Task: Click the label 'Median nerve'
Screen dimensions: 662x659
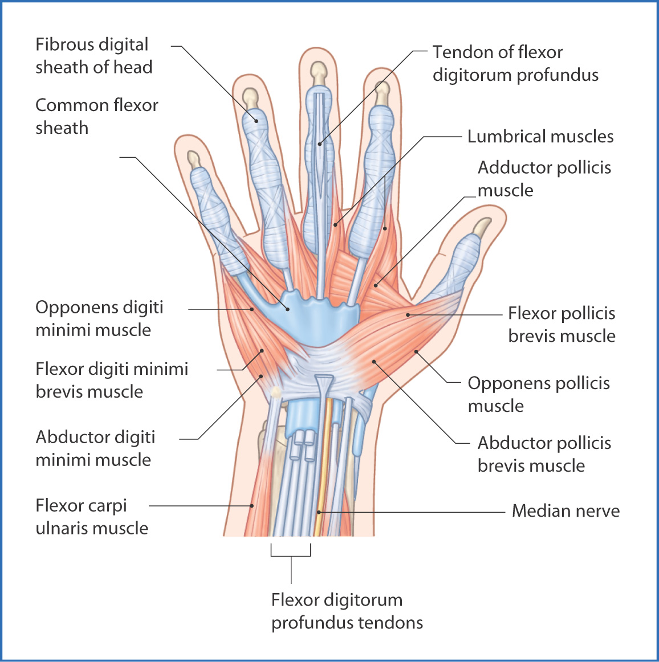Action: pyautogui.click(x=566, y=510)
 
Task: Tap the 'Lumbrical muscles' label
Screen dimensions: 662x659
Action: pyautogui.click(x=540, y=137)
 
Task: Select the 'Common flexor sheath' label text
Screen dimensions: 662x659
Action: pyautogui.click(x=96, y=116)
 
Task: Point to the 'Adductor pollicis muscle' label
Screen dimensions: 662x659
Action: pyautogui.click(x=544, y=178)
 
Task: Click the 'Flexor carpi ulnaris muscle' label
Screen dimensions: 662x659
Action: pyautogui.click(x=91, y=516)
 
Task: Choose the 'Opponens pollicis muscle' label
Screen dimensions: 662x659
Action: pyautogui.click(x=538, y=394)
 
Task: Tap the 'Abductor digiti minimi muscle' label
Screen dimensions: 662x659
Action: pyautogui.click(x=95, y=448)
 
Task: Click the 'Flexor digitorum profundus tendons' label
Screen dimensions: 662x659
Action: pyautogui.click(x=347, y=611)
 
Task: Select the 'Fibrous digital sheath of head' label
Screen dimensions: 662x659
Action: pyautogui.click(x=93, y=55)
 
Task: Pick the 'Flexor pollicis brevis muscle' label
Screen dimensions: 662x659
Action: pyautogui.click(x=561, y=324)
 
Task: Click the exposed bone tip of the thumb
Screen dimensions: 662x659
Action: pyautogui.click(x=483, y=227)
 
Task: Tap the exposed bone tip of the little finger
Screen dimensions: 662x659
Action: pyautogui.click(x=194, y=159)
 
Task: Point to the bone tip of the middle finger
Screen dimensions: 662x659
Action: pyautogui.click(x=318, y=72)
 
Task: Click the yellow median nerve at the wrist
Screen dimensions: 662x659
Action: pyautogui.click(x=324, y=467)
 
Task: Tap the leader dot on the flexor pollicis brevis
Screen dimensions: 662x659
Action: pyautogui.click(x=408, y=314)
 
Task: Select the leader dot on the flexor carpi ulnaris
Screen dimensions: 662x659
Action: pyautogui.click(x=251, y=505)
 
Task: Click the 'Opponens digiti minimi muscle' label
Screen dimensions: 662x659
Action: pyautogui.click(x=99, y=318)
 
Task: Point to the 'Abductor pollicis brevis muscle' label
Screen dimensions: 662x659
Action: pyautogui.click(x=544, y=454)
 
